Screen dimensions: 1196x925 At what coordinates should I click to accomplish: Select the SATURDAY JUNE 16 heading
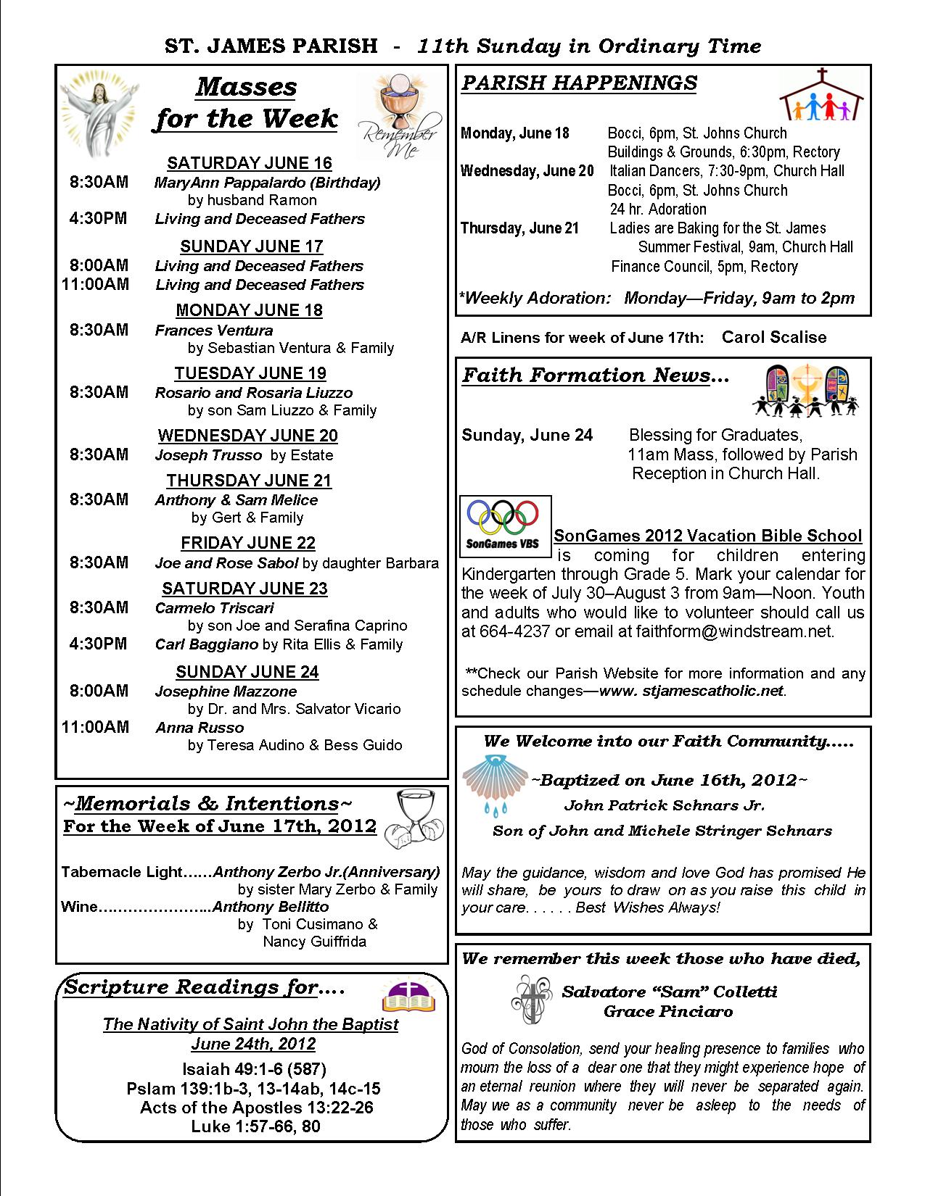click(249, 163)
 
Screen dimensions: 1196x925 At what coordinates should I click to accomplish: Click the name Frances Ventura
click(214, 331)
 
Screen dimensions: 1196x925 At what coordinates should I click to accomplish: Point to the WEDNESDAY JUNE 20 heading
click(248, 436)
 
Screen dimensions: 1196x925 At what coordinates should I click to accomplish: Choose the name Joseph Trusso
click(208, 455)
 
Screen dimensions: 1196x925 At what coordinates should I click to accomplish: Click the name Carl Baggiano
click(207, 644)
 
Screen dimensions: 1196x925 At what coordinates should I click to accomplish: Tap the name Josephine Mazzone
click(226, 692)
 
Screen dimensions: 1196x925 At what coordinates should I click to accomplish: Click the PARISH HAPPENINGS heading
click(579, 83)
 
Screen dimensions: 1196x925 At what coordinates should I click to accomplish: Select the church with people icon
click(822, 95)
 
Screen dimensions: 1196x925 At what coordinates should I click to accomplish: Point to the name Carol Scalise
click(774, 337)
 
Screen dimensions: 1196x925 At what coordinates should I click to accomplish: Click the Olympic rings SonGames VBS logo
click(506, 526)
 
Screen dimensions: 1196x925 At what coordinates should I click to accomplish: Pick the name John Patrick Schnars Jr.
click(664, 805)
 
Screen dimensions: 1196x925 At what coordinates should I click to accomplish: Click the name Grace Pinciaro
click(668, 1012)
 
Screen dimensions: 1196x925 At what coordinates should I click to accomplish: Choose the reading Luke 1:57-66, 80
click(255, 1126)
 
